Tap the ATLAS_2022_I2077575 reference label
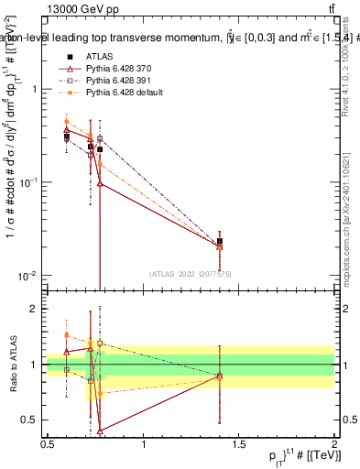pos(191,273)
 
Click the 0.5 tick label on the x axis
pos(48,445)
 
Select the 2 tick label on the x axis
pos(333,445)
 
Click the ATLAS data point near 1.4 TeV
pos(219,242)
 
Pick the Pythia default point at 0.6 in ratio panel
pos(67,334)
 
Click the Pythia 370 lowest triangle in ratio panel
pos(99,430)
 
